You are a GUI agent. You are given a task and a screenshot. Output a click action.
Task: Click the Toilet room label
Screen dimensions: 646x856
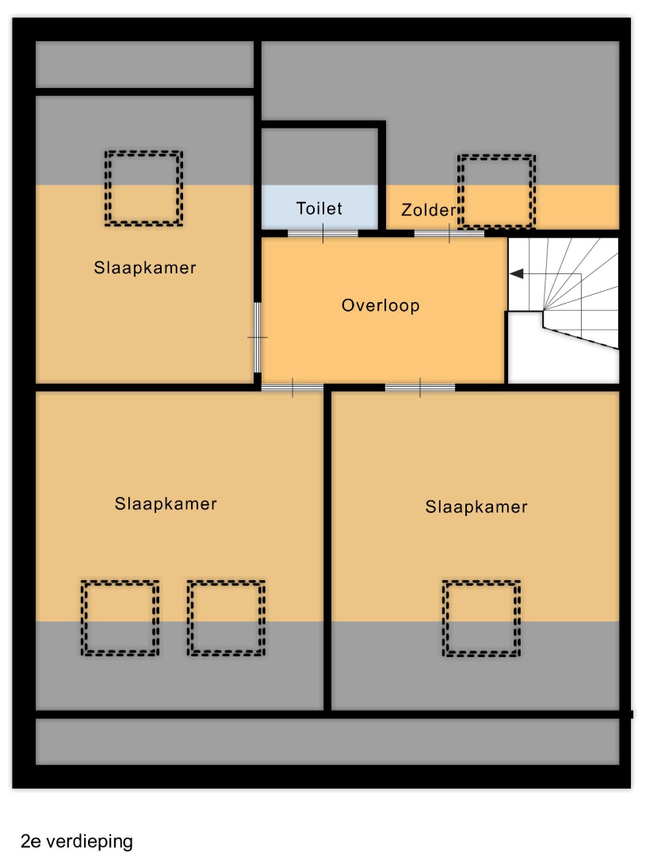point(319,208)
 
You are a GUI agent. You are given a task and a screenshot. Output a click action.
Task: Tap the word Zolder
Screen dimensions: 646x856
point(429,209)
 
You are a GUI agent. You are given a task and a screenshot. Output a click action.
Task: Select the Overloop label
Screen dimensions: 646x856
point(380,305)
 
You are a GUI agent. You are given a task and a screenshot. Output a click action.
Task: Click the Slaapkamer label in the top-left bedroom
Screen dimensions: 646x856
point(145,268)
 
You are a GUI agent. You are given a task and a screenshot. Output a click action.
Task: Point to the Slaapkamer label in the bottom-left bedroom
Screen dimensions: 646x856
point(166,503)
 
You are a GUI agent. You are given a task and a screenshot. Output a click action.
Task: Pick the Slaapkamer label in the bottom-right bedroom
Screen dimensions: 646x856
point(476,506)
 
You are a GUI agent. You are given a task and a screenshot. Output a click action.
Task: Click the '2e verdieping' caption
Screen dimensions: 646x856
point(77,841)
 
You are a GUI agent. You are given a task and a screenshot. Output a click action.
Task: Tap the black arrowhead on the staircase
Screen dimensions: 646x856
point(516,273)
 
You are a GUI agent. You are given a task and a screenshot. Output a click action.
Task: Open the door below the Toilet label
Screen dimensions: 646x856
point(323,234)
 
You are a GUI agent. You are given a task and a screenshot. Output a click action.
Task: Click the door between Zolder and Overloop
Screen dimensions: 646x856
point(449,234)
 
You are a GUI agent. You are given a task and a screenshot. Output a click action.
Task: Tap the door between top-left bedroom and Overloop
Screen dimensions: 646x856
point(257,338)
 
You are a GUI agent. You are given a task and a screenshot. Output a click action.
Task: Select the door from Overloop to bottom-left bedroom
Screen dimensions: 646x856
point(292,388)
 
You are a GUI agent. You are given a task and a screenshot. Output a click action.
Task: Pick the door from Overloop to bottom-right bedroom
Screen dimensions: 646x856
point(420,388)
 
